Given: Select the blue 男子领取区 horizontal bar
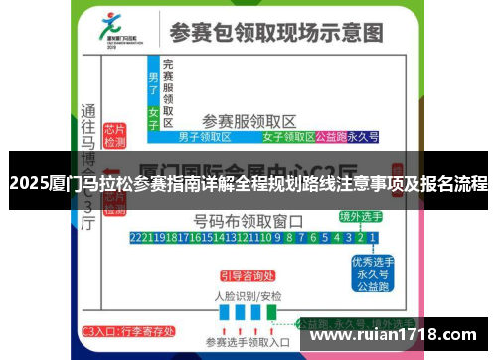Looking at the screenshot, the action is tap(204, 135).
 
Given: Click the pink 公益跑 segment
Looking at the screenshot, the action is tap(329, 135).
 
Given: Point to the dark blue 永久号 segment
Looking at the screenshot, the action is tap(367, 135).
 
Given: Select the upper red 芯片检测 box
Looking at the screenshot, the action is tap(115, 135).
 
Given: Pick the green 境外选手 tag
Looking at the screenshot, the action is tap(360, 217).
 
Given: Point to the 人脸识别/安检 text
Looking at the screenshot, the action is tap(248, 296).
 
